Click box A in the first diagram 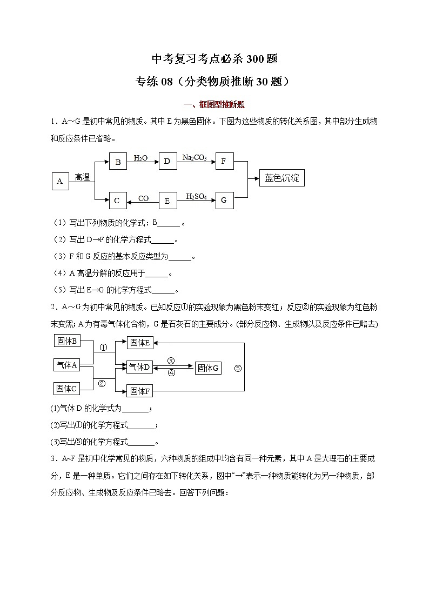pyautogui.click(x=59, y=181)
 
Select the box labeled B pyautogui.click(x=117, y=161)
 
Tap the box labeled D pyautogui.click(x=167, y=161)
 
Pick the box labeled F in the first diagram pyautogui.click(x=224, y=161)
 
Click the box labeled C pyautogui.click(x=117, y=201)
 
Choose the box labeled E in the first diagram pyautogui.click(x=167, y=201)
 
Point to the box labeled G pyautogui.click(x=224, y=201)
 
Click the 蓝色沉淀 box pyautogui.click(x=281, y=178)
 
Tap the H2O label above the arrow pyautogui.click(x=140, y=157)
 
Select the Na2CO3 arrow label pyautogui.click(x=195, y=157)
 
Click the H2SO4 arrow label pyautogui.click(x=196, y=197)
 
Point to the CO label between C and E pyautogui.click(x=143, y=198)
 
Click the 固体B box pyautogui.click(x=68, y=341)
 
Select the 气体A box pyautogui.click(x=68, y=365)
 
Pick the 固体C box pyautogui.click(x=68, y=388)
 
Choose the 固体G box pyautogui.click(x=208, y=368)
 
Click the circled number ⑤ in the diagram pyautogui.click(x=238, y=368)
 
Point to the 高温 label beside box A pyautogui.click(x=82, y=177)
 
